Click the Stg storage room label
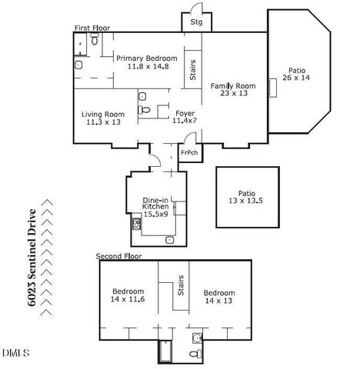[x=196, y=23]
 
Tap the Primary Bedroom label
[x=146, y=62]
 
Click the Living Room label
[x=103, y=118]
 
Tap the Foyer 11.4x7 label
[x=184, y=116]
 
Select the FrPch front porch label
[x=189, y=152]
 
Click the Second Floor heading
[x=118, y=255]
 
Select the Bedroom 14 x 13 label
[x=219, y=298]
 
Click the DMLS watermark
[x=15, y=353]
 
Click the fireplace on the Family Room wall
[x=272, y=87]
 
